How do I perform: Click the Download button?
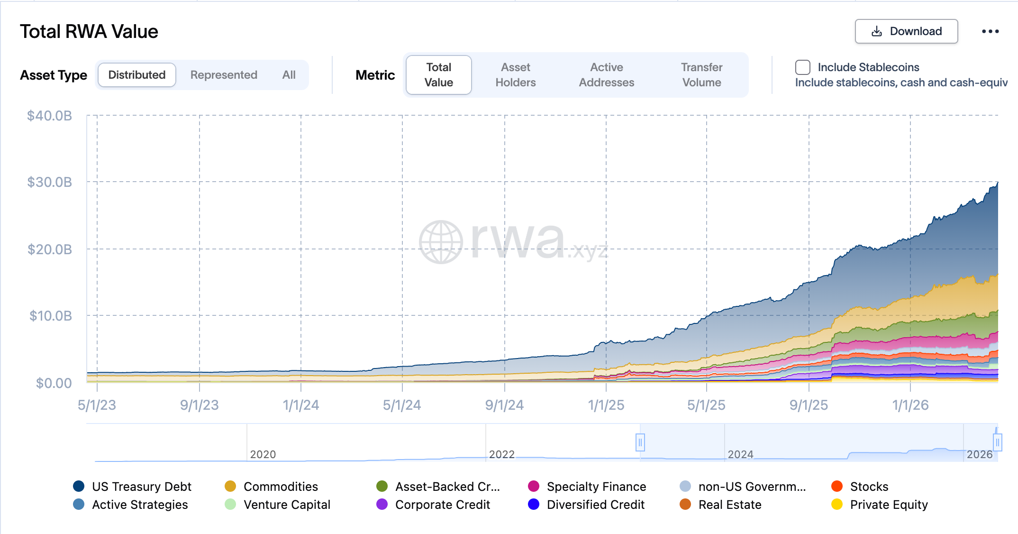[x=906, y=31]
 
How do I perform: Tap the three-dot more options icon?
[x=990, y=31]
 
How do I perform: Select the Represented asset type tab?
[x=224, y=75]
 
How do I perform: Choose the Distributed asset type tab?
[x=137, y=75]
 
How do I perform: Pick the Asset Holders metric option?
[x=515, y=75]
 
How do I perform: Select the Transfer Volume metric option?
[x=701, y=75]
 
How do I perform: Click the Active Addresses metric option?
[x=606, y=75]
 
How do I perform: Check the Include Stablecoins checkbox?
[x=802, y=67]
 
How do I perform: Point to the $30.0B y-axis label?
[x=50, y=182]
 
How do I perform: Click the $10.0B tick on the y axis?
[x=51, y=316]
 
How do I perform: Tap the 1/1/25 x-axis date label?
[x=606, y=405]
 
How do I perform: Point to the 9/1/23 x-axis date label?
[x=199, y=405]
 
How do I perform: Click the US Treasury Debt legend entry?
[x=141, y=487]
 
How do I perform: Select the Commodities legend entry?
[x=280, y=487]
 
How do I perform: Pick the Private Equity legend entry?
[x=888, y=505]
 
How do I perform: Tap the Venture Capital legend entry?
[x=286, y=505]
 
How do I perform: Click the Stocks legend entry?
[x=869, y=487]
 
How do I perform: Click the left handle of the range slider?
[x=640, y=442]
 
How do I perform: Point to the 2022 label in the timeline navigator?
[x=501, y=454]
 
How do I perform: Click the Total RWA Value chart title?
[x=89, y=32]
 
